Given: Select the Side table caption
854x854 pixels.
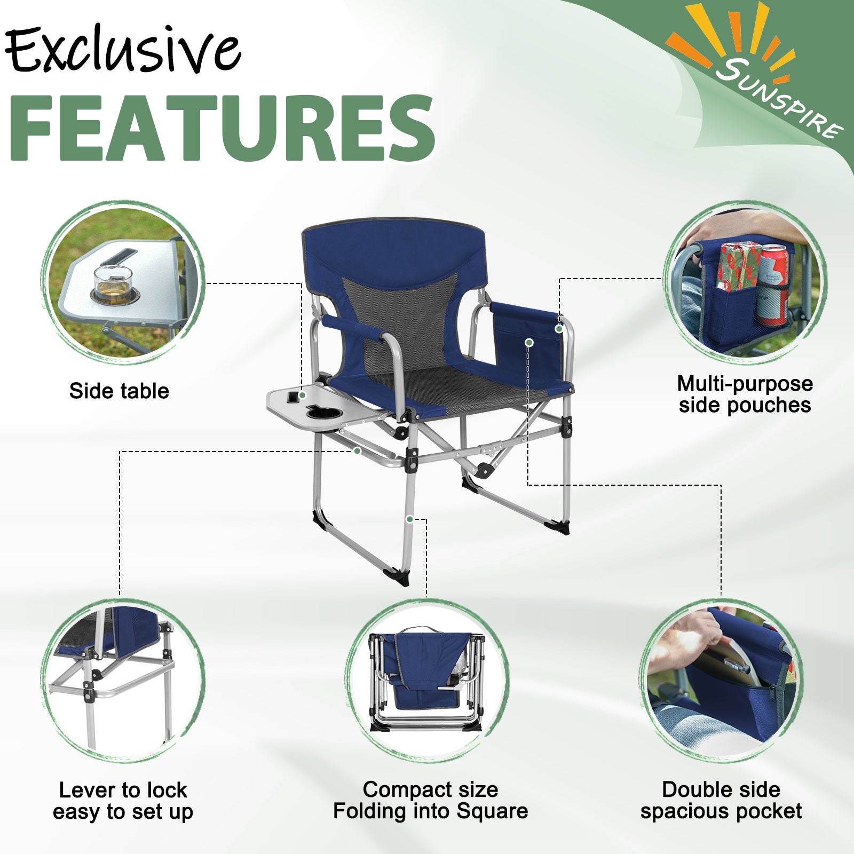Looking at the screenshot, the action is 119,391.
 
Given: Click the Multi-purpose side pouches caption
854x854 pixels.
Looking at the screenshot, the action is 745,394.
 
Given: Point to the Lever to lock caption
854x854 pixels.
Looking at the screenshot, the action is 123,790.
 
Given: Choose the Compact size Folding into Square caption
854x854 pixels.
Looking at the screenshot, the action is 431,800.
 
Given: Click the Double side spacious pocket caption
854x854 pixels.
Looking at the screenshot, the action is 721,800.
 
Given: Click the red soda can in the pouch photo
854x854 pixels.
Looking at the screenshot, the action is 772,284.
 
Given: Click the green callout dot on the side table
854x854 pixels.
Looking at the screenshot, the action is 302,396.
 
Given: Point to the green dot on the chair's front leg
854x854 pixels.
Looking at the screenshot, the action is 409,519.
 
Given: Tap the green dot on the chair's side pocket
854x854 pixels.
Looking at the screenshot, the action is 529,342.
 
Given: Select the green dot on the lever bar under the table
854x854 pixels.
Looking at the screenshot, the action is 357,451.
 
